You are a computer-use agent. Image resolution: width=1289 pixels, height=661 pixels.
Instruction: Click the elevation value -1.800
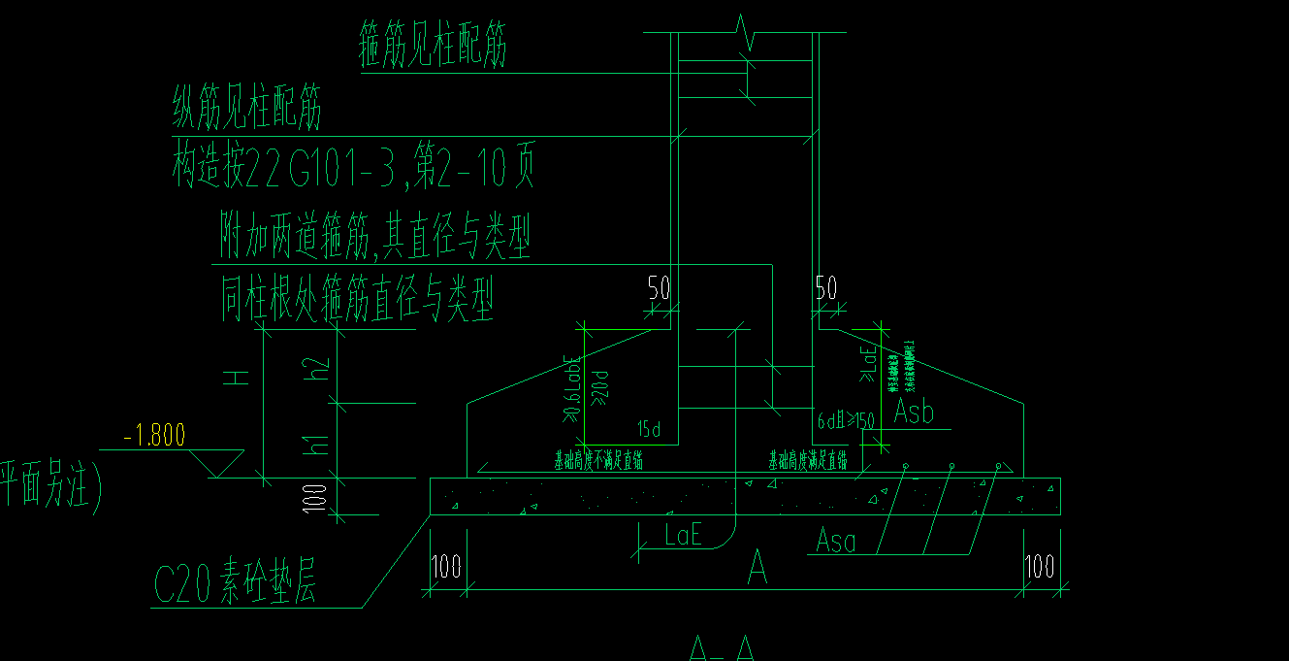coord(154,436)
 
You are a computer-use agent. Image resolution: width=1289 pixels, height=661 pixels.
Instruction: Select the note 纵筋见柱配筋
coord(246,110)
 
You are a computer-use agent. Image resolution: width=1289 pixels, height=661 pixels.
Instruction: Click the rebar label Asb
coord(913,413)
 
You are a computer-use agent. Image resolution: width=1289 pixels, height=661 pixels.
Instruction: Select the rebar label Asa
coord(835,541)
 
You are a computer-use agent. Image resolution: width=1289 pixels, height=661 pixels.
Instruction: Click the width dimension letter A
coord(757,570)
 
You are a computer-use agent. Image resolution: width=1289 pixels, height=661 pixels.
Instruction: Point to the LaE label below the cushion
coord(684,533)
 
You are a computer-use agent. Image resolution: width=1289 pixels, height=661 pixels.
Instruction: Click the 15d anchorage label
coord(649,428)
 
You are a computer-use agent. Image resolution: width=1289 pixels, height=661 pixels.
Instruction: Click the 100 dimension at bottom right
coord(1039,567)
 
